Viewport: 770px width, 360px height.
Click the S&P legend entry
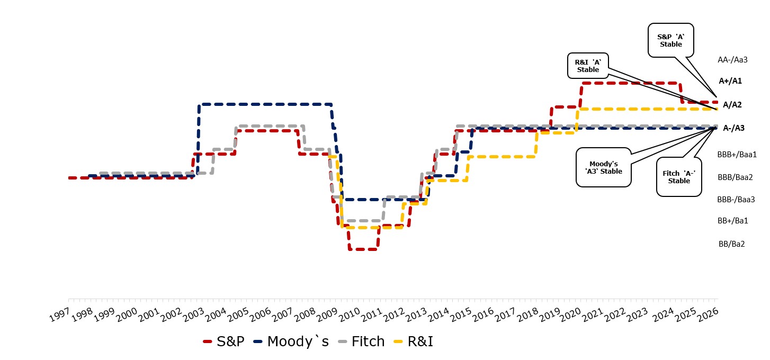tap(225, 341)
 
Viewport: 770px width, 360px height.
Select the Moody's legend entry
tap(291, 341)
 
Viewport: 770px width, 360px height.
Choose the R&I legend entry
tap(413, 341)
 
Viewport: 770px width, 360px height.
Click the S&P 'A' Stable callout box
tap(670, 40)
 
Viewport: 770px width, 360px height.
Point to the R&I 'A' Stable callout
tap(588, 66)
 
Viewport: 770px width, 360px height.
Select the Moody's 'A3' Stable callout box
tap(604, 167)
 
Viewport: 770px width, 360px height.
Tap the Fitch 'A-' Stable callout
tap(678, 177)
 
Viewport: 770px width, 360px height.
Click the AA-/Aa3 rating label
tap(732, 60)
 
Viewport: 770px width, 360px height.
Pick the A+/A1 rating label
tap(730, 81)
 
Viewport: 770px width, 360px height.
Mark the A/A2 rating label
tap(732, 104)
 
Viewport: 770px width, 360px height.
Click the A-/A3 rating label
tap(733, 128)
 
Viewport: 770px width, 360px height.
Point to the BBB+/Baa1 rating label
tap(737, 155)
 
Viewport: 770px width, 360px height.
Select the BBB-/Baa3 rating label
tap(736, 200)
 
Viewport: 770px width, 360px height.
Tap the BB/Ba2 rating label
tap(732, 244)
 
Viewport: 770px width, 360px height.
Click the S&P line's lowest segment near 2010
tap(363, 249)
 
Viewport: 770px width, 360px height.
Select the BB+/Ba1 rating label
tap(732, 220)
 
